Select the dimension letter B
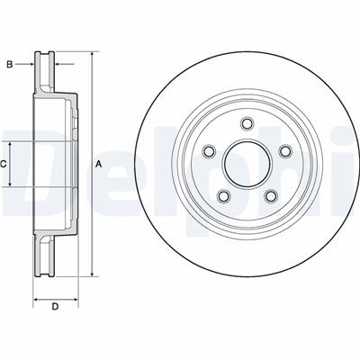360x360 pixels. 10,64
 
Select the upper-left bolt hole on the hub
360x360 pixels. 208,152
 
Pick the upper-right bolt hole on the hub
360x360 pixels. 285,152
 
